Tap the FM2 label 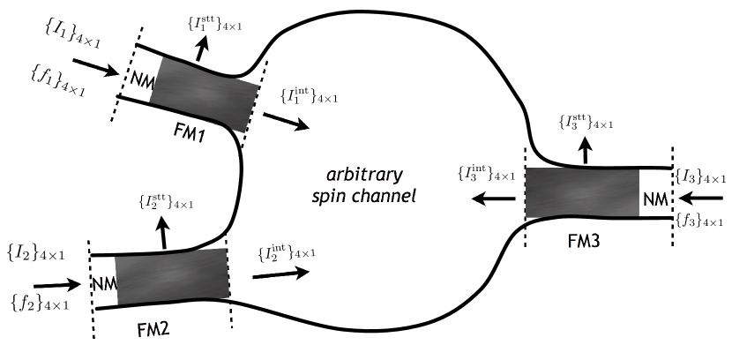pos(156,331)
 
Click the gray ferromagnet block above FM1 pos(205,91)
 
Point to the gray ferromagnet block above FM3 pos(582,193)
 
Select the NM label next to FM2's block pos(104,284)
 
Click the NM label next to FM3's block pos(655,199)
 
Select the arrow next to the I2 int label pos(280,274)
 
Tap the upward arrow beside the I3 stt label pos(583,153)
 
